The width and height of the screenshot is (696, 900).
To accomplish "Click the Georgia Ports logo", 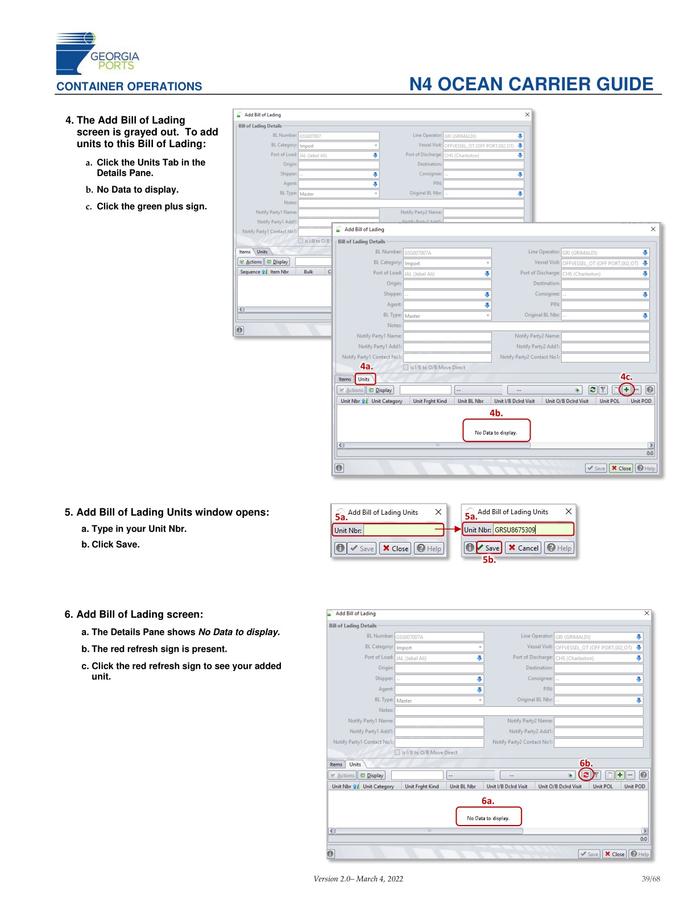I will (x=97, y=54).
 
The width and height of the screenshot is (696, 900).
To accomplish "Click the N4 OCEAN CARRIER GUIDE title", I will (x=531, y=84).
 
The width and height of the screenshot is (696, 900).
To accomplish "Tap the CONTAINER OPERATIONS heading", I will (x=129, y=86).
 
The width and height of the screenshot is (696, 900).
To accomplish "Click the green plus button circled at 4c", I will (x=626, y=390).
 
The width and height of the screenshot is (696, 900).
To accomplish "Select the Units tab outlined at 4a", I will (x=364, y=379).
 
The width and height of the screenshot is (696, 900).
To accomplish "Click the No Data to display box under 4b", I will (x=496, y=431).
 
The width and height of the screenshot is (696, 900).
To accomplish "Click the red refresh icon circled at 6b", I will (x=585, y=775).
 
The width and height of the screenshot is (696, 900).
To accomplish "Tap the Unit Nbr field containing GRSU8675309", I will (x=532, y=530).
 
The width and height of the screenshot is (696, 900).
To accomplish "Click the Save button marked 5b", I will (x=489, y=548).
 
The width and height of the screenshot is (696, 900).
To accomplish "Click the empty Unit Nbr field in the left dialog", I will (x=403, y=530).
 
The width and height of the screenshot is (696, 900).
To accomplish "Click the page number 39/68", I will (x=651, y=879).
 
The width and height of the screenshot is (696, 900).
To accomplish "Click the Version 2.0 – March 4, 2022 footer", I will (x=358, y=879).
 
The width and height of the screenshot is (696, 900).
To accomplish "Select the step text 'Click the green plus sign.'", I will (x=151, y=206).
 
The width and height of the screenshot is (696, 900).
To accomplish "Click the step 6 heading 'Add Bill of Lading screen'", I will (x=139, y=614).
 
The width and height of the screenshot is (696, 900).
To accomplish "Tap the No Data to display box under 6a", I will (x=488, y=816).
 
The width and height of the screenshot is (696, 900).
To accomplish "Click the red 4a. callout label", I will (x=367, y=367).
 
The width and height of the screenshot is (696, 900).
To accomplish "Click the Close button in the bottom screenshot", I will (x=615, y=854).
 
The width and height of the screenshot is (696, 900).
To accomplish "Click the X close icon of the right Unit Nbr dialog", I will (x=568, y=512).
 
